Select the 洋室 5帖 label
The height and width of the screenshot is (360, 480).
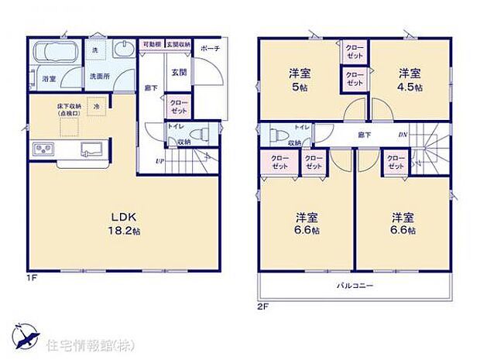(300, 80)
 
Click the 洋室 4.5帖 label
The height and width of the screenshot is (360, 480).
(410, 80)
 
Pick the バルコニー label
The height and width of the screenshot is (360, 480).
(355, 285)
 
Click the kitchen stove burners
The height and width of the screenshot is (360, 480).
(42, 149)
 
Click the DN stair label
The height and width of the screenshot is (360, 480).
(403, 135)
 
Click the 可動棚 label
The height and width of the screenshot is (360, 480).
(150, 44)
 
